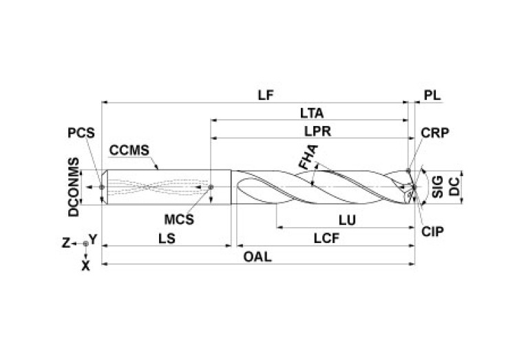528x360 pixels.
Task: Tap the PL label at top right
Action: pos(432,96)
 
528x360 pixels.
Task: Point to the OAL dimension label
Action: pos(257,257)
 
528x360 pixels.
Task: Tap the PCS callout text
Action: pos(81,133)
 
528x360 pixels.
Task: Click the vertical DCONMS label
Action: pos(73,187)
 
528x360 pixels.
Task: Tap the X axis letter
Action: pos(85,264)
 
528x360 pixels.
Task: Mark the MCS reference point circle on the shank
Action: pos(211,187)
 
